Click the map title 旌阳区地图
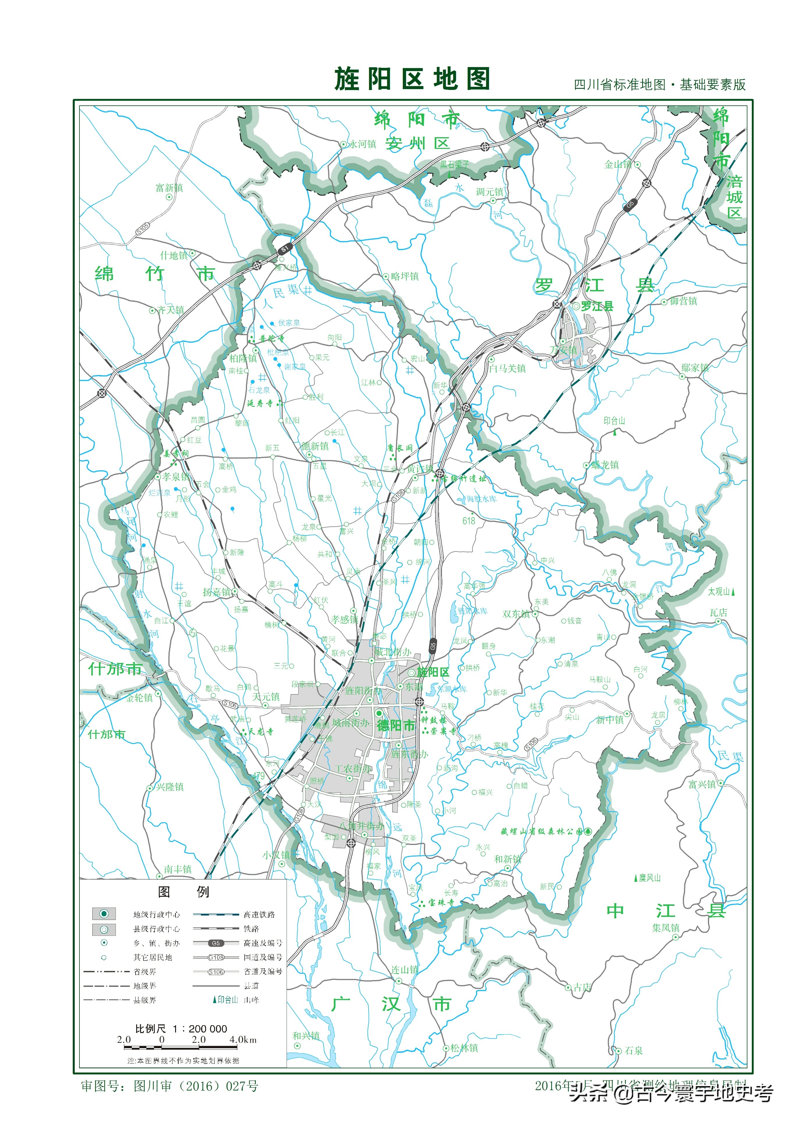click(412, 79)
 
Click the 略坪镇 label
click(404, 276)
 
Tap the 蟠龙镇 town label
click(605, 465)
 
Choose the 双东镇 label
click(516, 614)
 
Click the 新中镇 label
click(610, 720)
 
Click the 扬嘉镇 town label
click(217, 592)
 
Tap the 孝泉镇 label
click(176, 477)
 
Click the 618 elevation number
click(468, 521)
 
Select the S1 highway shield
click(284, 249)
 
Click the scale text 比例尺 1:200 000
click(181, 1029)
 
